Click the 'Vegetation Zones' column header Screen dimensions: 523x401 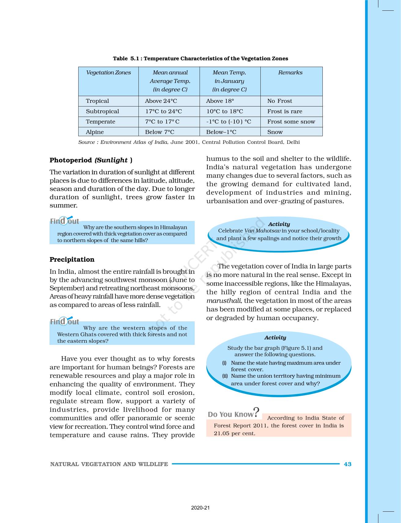[x=108, y=73]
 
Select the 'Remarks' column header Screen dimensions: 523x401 [x=290, y=73]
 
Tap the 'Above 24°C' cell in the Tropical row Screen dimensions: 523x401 [x=161, y=101]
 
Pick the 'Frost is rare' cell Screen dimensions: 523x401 [x=285, y=111]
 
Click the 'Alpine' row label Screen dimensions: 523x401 [x=95, y=132]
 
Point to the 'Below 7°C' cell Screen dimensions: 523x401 [x=160, y=132]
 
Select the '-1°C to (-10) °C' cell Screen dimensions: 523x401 [x=229, y=121]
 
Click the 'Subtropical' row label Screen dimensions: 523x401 [x=102, y=111]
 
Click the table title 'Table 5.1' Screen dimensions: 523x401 [x=127, y=58]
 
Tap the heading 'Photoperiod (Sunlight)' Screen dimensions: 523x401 [x=91, y=160]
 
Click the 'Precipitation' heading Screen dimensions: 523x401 [x=72, y=260]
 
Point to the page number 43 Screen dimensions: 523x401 [x=348, y=464]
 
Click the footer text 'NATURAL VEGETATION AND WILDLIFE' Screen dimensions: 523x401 [x=109, y=464]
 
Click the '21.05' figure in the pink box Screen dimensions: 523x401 [x=222, y=433]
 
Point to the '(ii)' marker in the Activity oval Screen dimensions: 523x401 [x=225, y=376]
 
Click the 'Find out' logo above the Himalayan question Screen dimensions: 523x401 [x=64, y=221]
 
